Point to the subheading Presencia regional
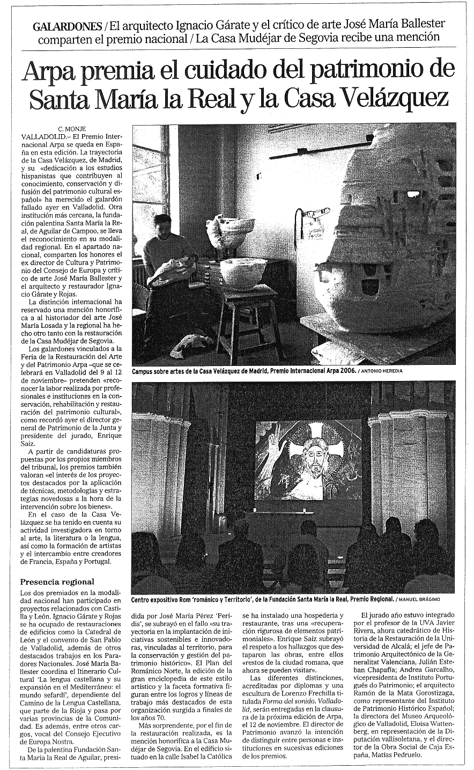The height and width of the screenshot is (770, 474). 57,582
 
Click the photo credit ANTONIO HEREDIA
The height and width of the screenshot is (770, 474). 384,371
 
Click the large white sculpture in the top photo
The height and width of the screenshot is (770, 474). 391,241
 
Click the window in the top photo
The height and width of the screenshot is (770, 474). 149,177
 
